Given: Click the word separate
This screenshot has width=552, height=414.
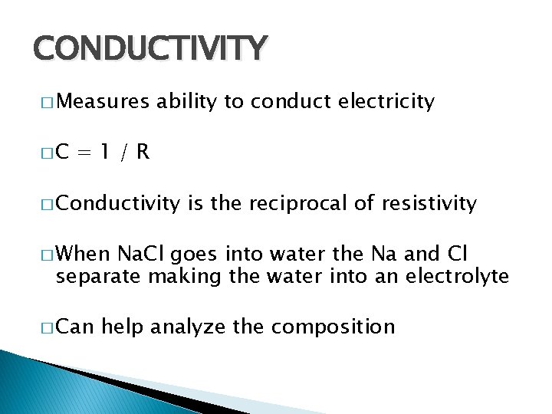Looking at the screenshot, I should tap(98, 276).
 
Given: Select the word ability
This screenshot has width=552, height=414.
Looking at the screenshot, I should tap(186, 101).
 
